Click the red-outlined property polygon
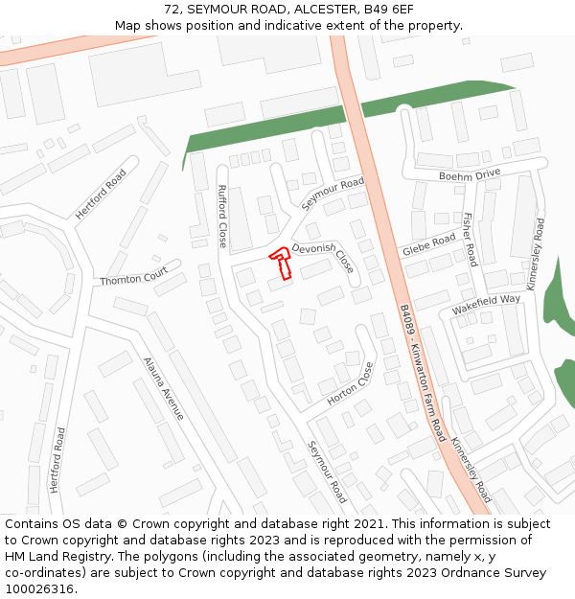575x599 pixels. coord(281,263)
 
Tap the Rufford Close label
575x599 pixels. coord(222,216)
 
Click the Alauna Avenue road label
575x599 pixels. coord(163,388)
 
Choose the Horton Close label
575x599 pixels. coord(350,383)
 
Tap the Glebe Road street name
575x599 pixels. coord(428,245)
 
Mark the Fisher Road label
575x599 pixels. coord(470,240)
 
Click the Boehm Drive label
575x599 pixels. coord(470,174)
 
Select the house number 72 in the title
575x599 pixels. coord(172,9)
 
